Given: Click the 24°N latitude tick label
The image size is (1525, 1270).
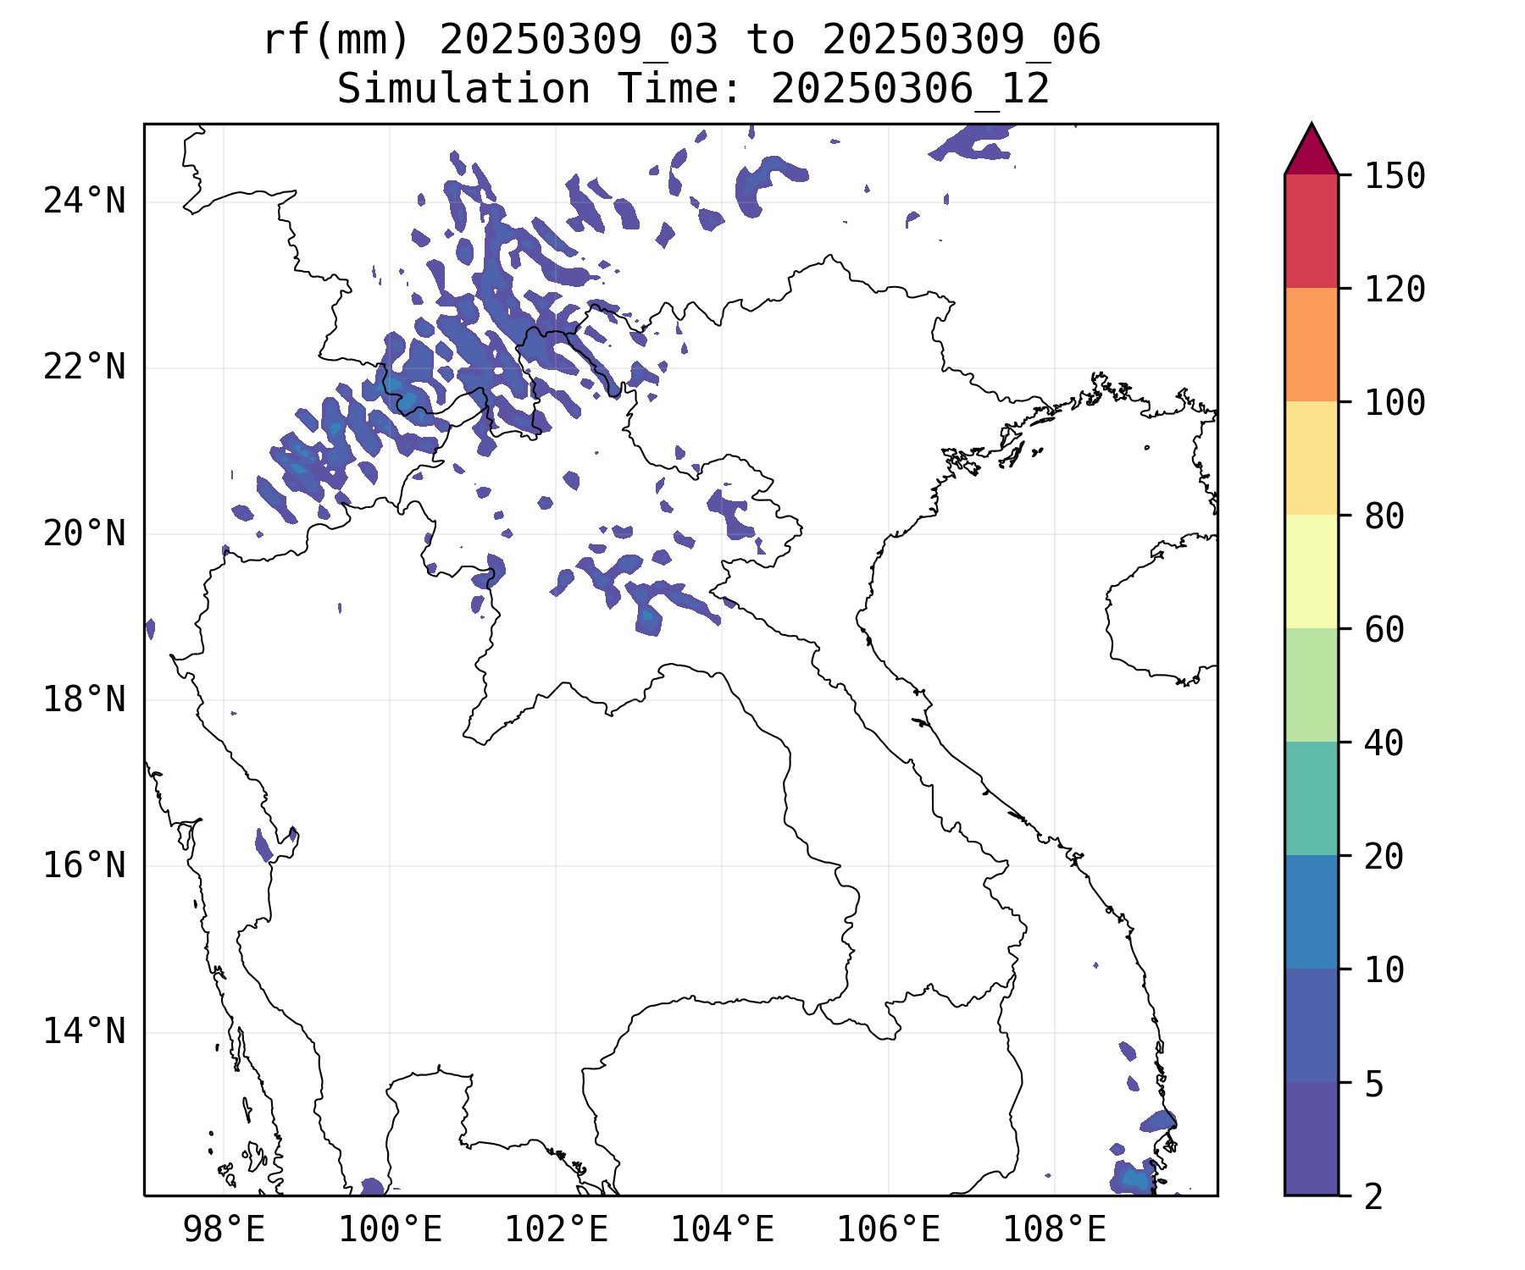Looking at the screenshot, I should click(x=84, y=202).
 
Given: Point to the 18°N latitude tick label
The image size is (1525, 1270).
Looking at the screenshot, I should click(x=84, y=700).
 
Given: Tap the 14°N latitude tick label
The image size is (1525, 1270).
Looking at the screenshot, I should click(x=84, y=1032).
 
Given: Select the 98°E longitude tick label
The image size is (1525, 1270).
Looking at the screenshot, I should click(x=224, y=1230).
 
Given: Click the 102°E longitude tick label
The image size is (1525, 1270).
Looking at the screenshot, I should click(x=556, y=1230).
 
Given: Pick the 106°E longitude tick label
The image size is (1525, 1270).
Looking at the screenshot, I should click(x=888, y=1230).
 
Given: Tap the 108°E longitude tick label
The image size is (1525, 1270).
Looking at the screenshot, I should click(x=1054, y=1230).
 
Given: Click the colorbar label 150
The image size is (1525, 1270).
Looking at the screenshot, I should click(x=1395, y=176).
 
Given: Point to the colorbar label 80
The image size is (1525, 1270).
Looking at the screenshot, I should click(x=1384, y=516).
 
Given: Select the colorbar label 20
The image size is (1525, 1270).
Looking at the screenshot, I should click(x=1384, y=856).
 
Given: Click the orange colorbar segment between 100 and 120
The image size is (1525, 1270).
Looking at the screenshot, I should click(x=1311, y=345).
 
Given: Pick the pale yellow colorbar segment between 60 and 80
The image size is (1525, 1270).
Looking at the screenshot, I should click(x=1311, y=571).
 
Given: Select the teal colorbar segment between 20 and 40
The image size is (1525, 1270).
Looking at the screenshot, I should click(x=1311, y=798).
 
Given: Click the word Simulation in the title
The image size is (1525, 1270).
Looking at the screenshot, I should click(x=463, y=89).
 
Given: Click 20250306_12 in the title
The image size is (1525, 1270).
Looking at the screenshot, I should click(x=910, y=89).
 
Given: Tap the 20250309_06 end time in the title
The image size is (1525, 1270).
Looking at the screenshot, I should click(x=961, y=39).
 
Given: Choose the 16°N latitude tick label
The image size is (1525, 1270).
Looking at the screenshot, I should click(x=84, y=866).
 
